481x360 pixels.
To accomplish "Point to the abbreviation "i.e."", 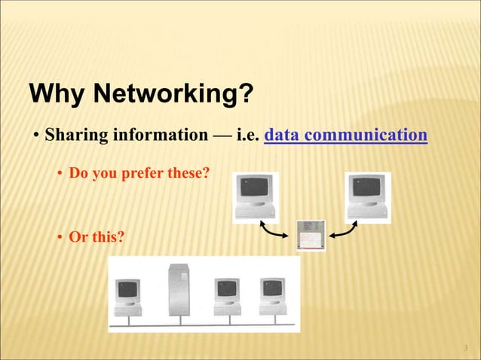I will pyautogui.click(x=247, y=136).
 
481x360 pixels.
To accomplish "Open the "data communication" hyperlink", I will pyautogui.click(x=346, y=136).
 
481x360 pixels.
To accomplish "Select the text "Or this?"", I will pyautogui.click(x=96, y=238).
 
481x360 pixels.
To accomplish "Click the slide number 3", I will pyautogui.click(x=466, y=347).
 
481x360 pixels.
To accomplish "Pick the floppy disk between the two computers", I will pyautogui.click(x=311, y=235).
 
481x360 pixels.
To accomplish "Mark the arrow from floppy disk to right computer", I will pyautogui.click(x=344, y=233).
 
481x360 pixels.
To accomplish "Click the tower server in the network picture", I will pyautogui.click(x=179, y=289).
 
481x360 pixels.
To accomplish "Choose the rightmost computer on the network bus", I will pyautogui.click(x=272, y=296).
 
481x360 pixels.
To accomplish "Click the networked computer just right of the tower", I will pyautogui.click(x=226, y=296).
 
